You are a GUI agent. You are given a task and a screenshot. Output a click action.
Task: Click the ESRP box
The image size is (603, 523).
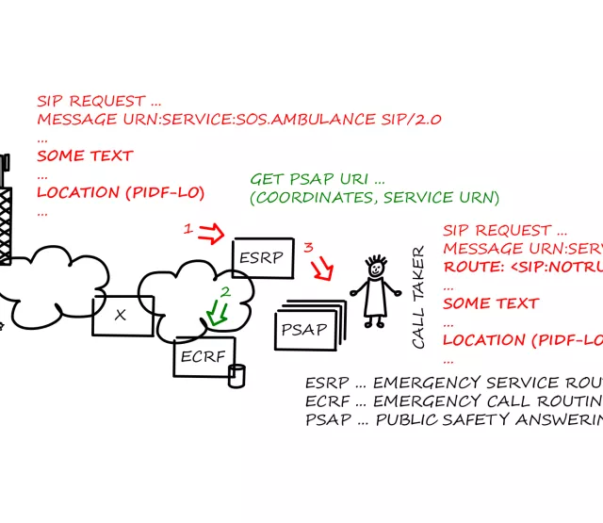pos(259,256)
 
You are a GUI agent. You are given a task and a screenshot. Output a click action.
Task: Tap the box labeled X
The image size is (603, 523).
pos(122,315)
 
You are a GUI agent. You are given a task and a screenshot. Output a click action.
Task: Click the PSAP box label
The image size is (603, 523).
pos(305,331)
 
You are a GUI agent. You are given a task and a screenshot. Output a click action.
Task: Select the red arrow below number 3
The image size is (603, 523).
pos(322,270)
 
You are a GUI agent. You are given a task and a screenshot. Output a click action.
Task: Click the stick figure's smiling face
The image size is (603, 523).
pos(377,269)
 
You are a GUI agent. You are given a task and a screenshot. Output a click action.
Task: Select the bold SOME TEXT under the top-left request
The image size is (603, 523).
pos(85,155)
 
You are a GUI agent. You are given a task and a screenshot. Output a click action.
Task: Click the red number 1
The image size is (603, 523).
pos(187,228)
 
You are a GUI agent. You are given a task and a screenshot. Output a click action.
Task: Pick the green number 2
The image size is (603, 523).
pos(225,292)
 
